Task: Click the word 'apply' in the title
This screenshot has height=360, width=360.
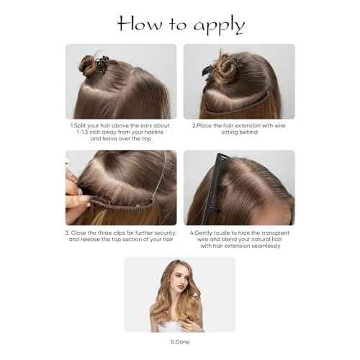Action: pyautogui.click(x=219, y=25)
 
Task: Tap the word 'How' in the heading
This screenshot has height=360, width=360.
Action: pyautogui.click(x=140, y=23)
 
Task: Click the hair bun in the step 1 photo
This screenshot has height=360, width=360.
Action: pyautogui.click(x=87, y=66)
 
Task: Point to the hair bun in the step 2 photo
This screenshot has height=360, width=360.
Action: pyautogui.click(x=225, y=68)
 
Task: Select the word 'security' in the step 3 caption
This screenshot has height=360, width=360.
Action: pyautogui.click(x=166, y=233)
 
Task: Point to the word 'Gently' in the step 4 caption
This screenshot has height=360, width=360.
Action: pyautogui.click(x=204, y=233)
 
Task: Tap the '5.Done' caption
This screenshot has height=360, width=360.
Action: pyautogui.click(x=180, y=342)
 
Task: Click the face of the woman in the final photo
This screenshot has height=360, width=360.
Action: pyautogui.click(x=179, y=280)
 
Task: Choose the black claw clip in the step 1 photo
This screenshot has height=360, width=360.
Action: pyautogui.click(x=102, y=66)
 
